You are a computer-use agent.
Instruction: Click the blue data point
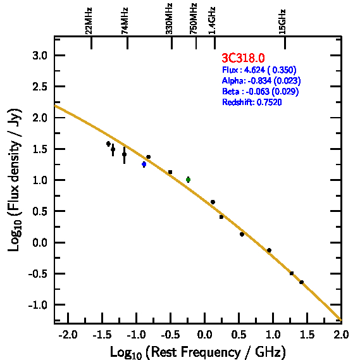pos(144,164)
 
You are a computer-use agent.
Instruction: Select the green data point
pos(189,180)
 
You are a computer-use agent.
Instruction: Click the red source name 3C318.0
pos(243,58)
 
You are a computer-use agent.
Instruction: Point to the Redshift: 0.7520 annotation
pos(252,102)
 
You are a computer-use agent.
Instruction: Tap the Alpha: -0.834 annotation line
pos(261,80)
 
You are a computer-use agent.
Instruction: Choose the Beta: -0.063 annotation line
pos(261,91)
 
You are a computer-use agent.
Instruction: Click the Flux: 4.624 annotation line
pos(259,70)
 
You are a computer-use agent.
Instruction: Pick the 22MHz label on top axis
pos(89,21)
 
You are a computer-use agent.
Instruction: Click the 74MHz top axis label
pos(125,21)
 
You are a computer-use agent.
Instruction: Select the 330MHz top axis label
pos(169,19)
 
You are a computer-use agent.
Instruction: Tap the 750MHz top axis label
pos(193,19)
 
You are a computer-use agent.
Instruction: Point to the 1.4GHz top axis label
pos(212,21)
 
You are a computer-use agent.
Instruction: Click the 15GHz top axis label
pos(282,22)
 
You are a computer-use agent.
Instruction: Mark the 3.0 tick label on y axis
pos(40,56)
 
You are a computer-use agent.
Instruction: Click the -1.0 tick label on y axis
pos(37,305)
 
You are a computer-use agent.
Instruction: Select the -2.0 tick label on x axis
pos(68,335)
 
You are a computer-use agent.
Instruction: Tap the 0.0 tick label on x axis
pos(204,335)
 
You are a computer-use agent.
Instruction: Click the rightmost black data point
pos(301,282)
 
